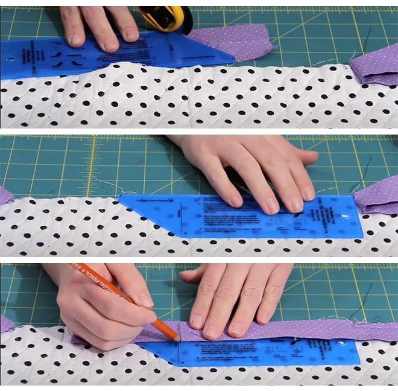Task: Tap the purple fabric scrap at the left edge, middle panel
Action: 5,195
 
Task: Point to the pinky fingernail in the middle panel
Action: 309,192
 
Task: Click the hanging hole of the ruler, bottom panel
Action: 341,345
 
